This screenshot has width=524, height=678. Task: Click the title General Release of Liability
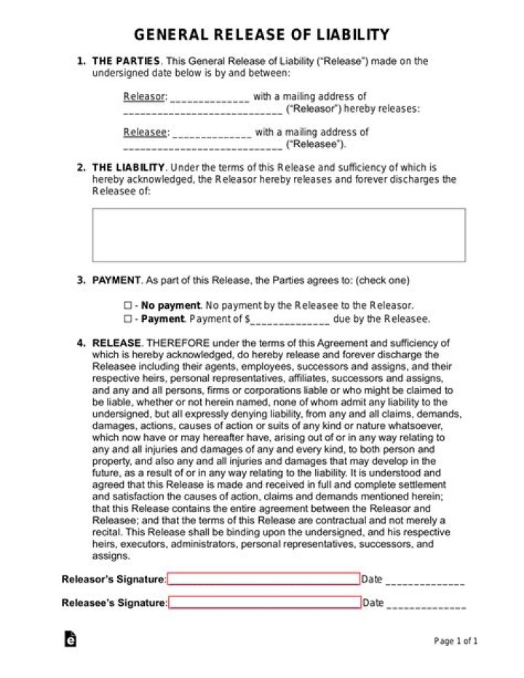point(262,35)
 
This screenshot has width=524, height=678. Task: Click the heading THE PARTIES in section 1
point(126,61)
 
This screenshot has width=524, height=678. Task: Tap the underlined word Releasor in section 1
point(144,96)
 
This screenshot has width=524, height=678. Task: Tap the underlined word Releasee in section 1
point(145,132)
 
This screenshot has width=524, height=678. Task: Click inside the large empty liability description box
point(279,234)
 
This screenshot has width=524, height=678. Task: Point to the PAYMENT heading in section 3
point(116,280)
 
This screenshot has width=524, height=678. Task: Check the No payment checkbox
point(127,306)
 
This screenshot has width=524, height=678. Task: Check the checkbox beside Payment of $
point(127,319)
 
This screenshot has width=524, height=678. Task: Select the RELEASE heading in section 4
point(116,342)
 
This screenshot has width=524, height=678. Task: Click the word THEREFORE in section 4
point(178,342)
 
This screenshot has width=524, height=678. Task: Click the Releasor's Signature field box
point(264,579)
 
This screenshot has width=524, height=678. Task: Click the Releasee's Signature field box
point(265,602)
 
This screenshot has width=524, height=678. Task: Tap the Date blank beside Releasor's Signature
point(424,581)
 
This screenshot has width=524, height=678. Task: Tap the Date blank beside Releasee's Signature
point(426,604)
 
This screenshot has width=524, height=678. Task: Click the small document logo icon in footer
point(71,639)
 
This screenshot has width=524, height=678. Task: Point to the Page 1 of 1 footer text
point(456,641)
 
